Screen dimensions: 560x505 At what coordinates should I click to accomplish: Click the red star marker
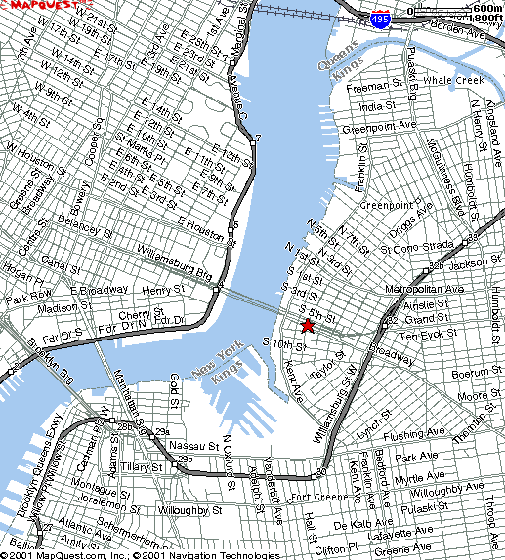point(307,325)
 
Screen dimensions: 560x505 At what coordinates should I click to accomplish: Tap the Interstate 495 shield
point(382,19)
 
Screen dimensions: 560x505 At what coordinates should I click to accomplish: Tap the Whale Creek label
point(454,80)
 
